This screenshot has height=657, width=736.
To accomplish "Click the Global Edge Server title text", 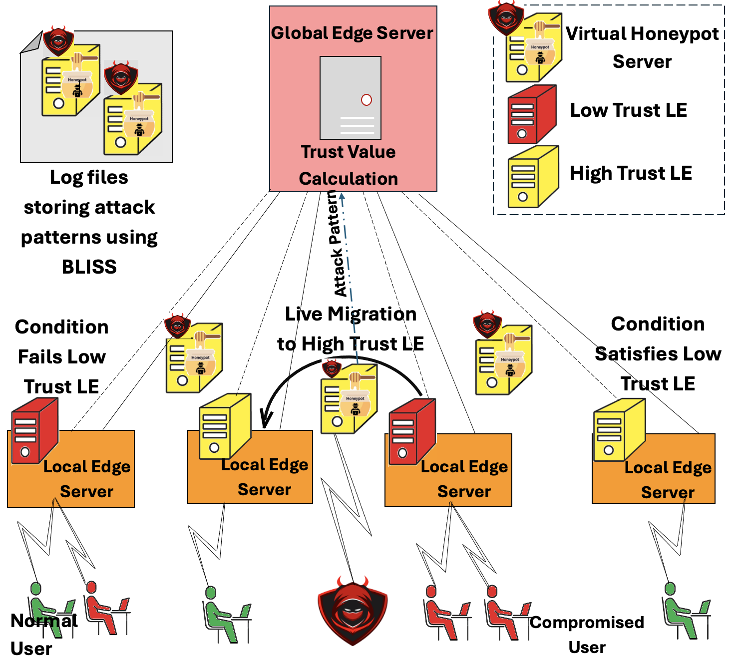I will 352,33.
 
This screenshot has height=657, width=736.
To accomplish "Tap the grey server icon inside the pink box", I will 351,98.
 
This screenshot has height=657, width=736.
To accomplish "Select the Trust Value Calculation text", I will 349,165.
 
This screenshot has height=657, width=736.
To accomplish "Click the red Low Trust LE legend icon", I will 531,114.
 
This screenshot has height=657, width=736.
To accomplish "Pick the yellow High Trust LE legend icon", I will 532,177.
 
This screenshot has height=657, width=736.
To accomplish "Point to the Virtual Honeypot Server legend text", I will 642,47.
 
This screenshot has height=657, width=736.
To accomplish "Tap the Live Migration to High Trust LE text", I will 351,329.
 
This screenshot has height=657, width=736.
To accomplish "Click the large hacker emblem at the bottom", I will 353,611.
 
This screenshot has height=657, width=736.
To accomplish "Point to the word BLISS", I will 89,267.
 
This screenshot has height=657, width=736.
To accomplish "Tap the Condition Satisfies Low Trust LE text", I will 658,354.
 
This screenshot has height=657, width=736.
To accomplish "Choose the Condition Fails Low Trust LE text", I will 61,357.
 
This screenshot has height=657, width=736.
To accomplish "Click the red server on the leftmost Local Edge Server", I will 34,431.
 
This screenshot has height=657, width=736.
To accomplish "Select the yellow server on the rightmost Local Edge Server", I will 619,429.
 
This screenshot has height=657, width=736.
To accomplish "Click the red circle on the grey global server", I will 367,100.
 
